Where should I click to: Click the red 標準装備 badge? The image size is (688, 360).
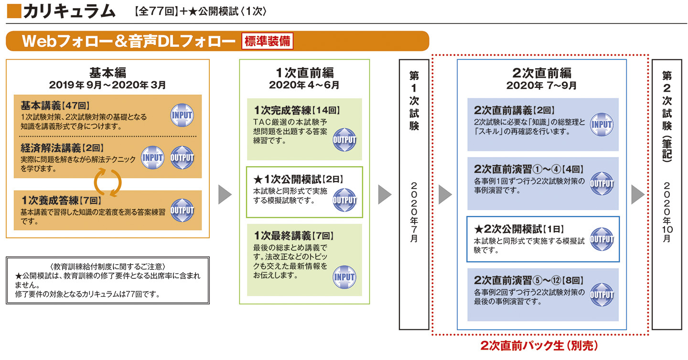[267, 41]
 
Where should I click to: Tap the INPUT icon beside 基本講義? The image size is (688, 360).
[182, 115]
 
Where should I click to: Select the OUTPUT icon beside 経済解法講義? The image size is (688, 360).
[182, 158]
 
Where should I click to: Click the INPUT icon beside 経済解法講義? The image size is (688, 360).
[152, 158]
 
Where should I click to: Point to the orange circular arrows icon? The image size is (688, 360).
[107, 182]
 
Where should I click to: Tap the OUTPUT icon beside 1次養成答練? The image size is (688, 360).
[182, 211]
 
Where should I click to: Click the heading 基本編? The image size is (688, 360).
[107, 73]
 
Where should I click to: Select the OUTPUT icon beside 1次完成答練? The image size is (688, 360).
[344, 140]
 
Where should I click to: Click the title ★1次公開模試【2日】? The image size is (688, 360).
[299, 179]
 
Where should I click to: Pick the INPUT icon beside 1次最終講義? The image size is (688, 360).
[344, 277]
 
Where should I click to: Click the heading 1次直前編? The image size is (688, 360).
[304, 73]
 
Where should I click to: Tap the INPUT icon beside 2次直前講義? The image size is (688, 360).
[602, 125]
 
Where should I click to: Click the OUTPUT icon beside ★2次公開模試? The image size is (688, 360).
[602, 239]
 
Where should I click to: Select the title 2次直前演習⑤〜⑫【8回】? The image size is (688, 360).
[528, 280]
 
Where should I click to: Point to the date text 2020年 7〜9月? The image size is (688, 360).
[541, 86]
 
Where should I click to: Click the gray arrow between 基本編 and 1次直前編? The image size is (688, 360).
[225, 194]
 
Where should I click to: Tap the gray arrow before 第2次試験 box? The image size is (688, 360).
[638, 194]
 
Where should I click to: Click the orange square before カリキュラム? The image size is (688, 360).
[13, 11]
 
